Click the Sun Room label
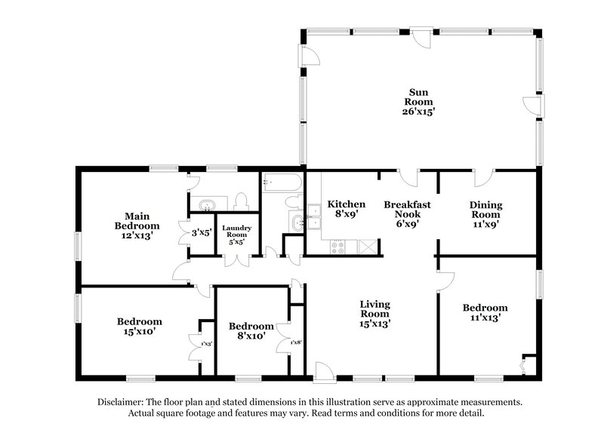click(420, 97)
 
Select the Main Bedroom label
click(137, 220)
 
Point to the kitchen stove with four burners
click(337, 245)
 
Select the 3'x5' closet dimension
click(201, 233)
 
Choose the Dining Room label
click(485, 213)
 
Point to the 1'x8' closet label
click(296, 343)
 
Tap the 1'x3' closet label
click(206, 344)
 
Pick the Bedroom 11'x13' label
click(485, 313)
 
